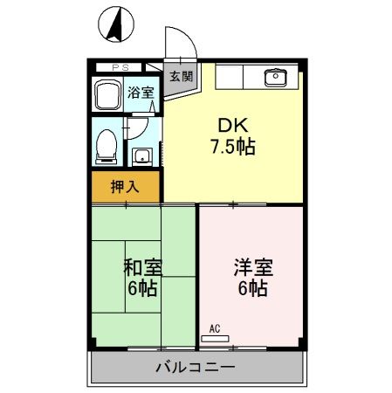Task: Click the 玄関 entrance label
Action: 182,75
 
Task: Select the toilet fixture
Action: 106,144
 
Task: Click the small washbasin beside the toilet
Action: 141,156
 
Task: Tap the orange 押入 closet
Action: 126,185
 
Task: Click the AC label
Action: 216,328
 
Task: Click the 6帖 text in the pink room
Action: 251,287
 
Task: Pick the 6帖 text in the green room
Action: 142,287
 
